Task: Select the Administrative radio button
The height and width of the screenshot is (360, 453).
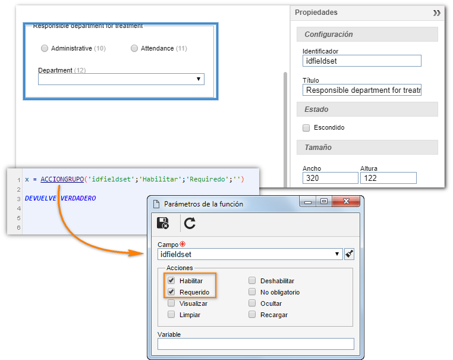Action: tap(45, 48)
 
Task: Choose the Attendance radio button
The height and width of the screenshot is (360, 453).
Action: tap(134, 48)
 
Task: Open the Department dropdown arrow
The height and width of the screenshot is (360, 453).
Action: tap(199, 79)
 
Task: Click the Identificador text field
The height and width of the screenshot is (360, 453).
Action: tap(361, 61)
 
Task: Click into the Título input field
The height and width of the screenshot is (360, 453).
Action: tap(361, 90)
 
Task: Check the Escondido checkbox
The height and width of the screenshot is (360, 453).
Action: tap(306, 128)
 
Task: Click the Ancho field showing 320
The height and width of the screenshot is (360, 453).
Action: tap(330, 178)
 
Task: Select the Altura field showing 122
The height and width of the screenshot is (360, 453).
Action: tap(388, 178)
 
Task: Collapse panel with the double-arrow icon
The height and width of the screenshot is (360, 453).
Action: tap(436, 13)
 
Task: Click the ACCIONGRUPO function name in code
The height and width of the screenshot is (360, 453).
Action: tap(62, 179)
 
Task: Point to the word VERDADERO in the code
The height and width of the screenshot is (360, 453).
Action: tap(78, 198)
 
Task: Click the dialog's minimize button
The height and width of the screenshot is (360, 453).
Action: tap(308, 202)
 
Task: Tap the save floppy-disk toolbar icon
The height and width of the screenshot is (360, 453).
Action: tap(163, 223)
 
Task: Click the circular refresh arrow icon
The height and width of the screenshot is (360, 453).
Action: tap(190, 223)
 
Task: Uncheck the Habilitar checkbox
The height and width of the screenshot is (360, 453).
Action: tap(171, 280)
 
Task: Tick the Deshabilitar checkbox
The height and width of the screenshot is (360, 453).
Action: tap(252, 280)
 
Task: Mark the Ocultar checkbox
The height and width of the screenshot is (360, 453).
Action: tap(252, 303)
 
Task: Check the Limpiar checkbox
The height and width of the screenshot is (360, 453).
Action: tap(171, 314)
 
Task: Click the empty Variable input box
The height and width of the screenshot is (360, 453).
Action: tap(256, 344)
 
